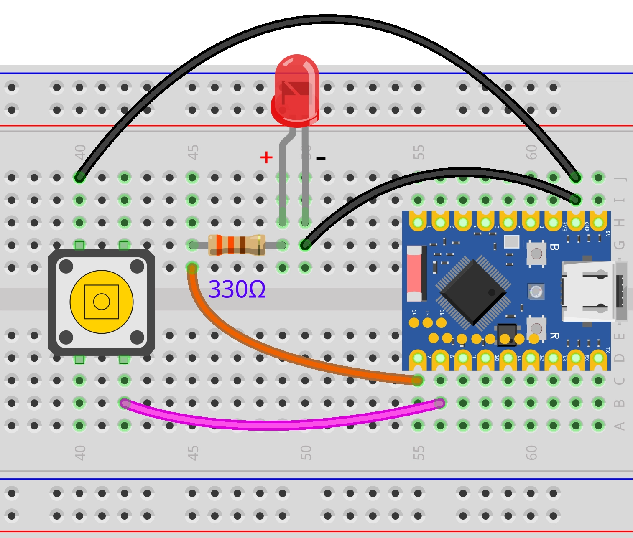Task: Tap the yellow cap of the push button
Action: (102, 302)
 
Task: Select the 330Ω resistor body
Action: (237, 245)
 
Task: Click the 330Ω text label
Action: (237, 289)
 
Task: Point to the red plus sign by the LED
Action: (266, 157)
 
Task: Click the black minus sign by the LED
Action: (321, 158)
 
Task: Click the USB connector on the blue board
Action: (594, 291)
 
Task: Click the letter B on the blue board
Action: (554, 247)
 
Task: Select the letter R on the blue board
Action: (554, 336)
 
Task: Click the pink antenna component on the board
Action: (414, 274)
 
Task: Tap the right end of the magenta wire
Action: (440, 403)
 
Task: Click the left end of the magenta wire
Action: (124, 403)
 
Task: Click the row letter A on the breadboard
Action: (620, 426)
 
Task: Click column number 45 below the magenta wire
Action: (193, 453)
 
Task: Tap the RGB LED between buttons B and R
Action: (536, 292)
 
